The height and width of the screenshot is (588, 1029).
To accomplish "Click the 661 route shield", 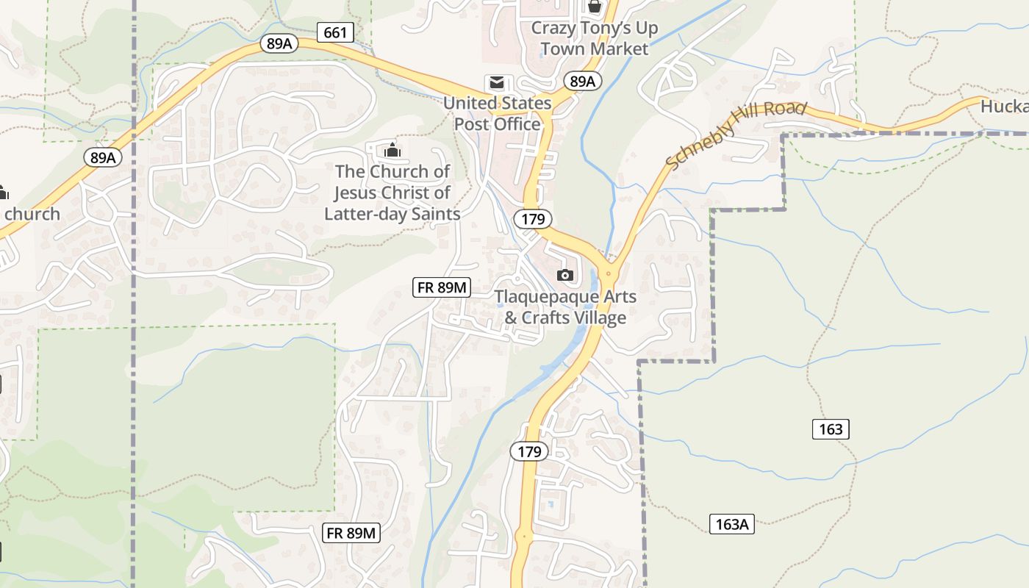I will pyautogui.click(x=335, y=32).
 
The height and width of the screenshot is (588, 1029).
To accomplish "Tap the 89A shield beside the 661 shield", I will pyautogui.click(x=279, y=43).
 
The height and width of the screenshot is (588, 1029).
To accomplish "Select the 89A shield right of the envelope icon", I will pyautogui.click(x=582, y=81).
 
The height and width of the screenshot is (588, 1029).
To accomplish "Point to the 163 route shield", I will pyautogui.click(x=831, y=429).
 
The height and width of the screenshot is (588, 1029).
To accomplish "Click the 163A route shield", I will pyautogui.click(x=732, y=524).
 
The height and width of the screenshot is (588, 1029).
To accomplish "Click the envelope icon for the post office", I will pyautogui.click(x=498, y=82).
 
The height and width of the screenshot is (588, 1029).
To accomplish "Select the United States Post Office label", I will pyautogui.click(x=497, y=114).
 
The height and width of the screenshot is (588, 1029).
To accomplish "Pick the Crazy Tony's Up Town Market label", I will pyautogui.click(x=594, y=38).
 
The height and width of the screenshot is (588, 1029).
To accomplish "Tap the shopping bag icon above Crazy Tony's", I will pyautogui.click(x=594, y=7).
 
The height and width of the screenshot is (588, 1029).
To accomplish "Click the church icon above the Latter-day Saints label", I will pyautogui.click(x=392, y=150).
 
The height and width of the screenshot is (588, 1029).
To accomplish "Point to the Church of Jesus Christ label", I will pyautogui.click(x=392, y=193).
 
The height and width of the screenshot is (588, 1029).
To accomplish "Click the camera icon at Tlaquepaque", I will pyautogui.click(x=564, y=275).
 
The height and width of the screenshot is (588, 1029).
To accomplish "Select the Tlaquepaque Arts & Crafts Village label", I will pyautogui.click(x=564, y=307).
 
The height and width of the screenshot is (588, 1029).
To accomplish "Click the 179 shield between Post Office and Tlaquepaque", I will pyautogui.click(x=532, y=218).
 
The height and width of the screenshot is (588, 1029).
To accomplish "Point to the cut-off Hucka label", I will pyautogui.click(x=1004, y=107).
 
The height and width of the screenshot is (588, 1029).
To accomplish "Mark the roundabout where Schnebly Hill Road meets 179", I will pyautogui.click(x=609, y=273).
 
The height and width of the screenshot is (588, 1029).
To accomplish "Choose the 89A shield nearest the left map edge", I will pyautogui.click(x=103, y=157).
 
